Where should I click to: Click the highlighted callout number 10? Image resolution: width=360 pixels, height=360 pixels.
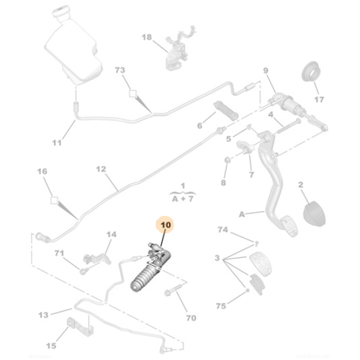pyautogui.click(x=166, y=225)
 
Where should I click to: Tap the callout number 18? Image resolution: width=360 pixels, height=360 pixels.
pyautogui.click(x=147, y=37)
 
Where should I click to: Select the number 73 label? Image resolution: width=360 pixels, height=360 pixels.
pyautogui.click(x=120, y=70)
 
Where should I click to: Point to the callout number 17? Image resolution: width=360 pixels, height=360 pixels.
pyautogui.click(x=319, y=99)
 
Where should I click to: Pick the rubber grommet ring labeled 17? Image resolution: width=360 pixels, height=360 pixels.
pyautogui.click(x=311, y=71)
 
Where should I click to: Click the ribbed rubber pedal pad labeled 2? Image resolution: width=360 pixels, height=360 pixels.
pyautogui.click(x=315, y=214)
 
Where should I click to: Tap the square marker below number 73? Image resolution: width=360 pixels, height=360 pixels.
pyautogui.click(x=132, y=94)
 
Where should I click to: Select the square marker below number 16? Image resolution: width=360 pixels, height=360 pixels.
pyautogui.click(x=54, y=200)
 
